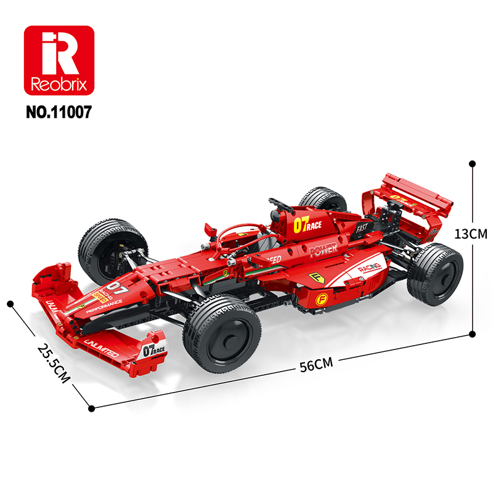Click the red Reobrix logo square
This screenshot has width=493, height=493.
tap(59, 60)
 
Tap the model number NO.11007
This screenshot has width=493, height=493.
tap(59, 113)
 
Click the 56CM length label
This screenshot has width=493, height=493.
tap(316, 364)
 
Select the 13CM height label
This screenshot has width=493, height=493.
tap(470, 234)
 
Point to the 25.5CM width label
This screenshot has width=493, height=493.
tap(52, 364)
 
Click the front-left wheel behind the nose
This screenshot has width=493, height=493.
tap(113, 250)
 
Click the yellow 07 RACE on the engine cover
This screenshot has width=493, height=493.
tap(307, 226)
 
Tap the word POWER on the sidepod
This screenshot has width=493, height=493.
tap(323, 250)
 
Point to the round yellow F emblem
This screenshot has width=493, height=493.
tap(321, 299)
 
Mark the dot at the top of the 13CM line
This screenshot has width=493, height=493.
tap(472, 164)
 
